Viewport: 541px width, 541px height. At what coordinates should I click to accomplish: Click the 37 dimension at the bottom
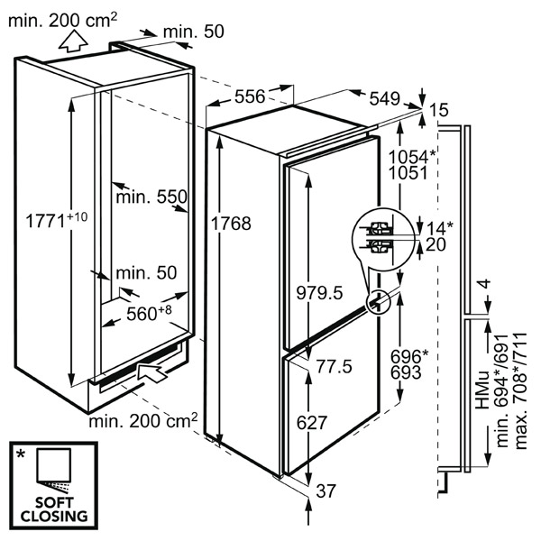tap(327, 491)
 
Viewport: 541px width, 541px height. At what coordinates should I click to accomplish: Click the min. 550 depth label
tap(151, 196)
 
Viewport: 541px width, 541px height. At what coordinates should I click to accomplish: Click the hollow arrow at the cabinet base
tap(151, 371)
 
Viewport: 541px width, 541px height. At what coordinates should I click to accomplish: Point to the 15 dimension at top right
tap(439, 110)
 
